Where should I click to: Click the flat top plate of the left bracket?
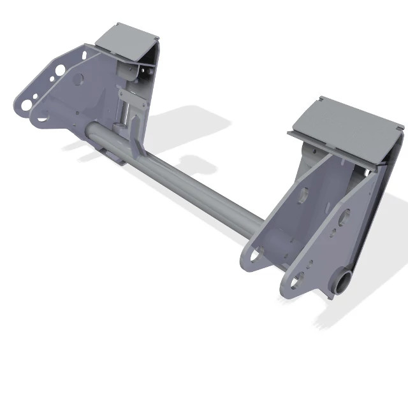point(127,38)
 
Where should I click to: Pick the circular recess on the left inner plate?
point(79,80)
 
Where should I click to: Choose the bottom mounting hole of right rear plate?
point(297,278)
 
